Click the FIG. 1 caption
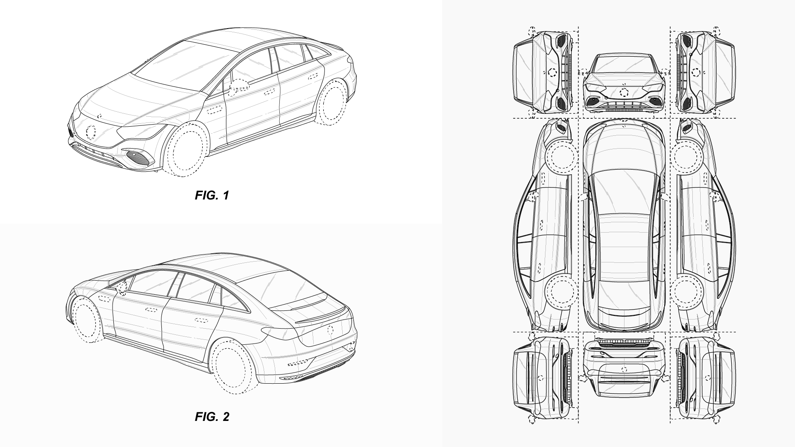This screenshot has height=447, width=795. tap(211, 195)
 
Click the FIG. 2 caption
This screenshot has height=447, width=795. tap(211, 416)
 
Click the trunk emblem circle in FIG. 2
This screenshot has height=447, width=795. tap(330, 330)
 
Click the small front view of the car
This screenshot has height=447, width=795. tap(624, 85)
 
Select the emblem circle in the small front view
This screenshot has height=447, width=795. tap(624, 93)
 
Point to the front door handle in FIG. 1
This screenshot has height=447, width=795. tap(214, 110)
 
